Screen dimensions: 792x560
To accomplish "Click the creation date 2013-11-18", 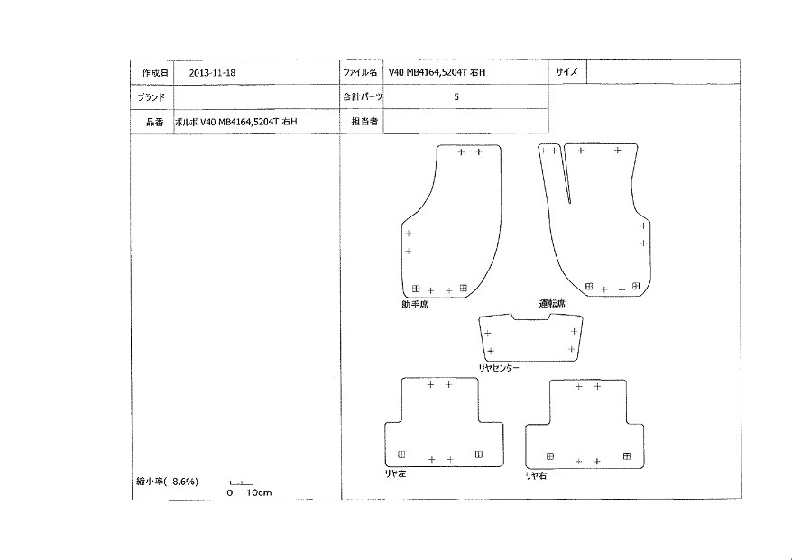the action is pyautogui.click(x=212, y=73).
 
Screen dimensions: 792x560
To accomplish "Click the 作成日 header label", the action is pyautogui.click(x=154, y=73).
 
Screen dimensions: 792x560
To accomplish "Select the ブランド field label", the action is pyautogui.click(x=152, y=97).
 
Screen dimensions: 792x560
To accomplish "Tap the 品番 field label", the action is pyautogui.click(x=155, y=122).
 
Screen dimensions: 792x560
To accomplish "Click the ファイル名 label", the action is pyautogui.click(x=360, y=72).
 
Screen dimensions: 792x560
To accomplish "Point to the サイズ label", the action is pyautogui.click(x=566, y=72).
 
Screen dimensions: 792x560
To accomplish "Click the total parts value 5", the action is pyautogui.click(x=456, y=97).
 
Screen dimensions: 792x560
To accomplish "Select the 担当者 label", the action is pyautogui.click(x=364, y=121).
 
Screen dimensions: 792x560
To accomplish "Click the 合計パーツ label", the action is pyautogui.click(x=363, y=97).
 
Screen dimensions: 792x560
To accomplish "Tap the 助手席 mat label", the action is pyautogui.click(x=415, y=305).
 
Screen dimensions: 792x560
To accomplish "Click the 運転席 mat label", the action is pyautogui.click(x=552, y=304).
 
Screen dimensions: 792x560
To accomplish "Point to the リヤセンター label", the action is pyautogui.click(x=499, y=368).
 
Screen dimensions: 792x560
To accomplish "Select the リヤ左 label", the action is pyautogui.click(x=395, y=473).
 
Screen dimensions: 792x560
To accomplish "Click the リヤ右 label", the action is pyautogui.click(x=536, y=475).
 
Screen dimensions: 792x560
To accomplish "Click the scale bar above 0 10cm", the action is pyautogui.click(x=242, y=483).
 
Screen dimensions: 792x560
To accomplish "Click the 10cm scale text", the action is pyautogui.click(x=259, y=493).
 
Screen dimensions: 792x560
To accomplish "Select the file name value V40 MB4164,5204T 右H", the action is pyautogui.click(x=437, y=73).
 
